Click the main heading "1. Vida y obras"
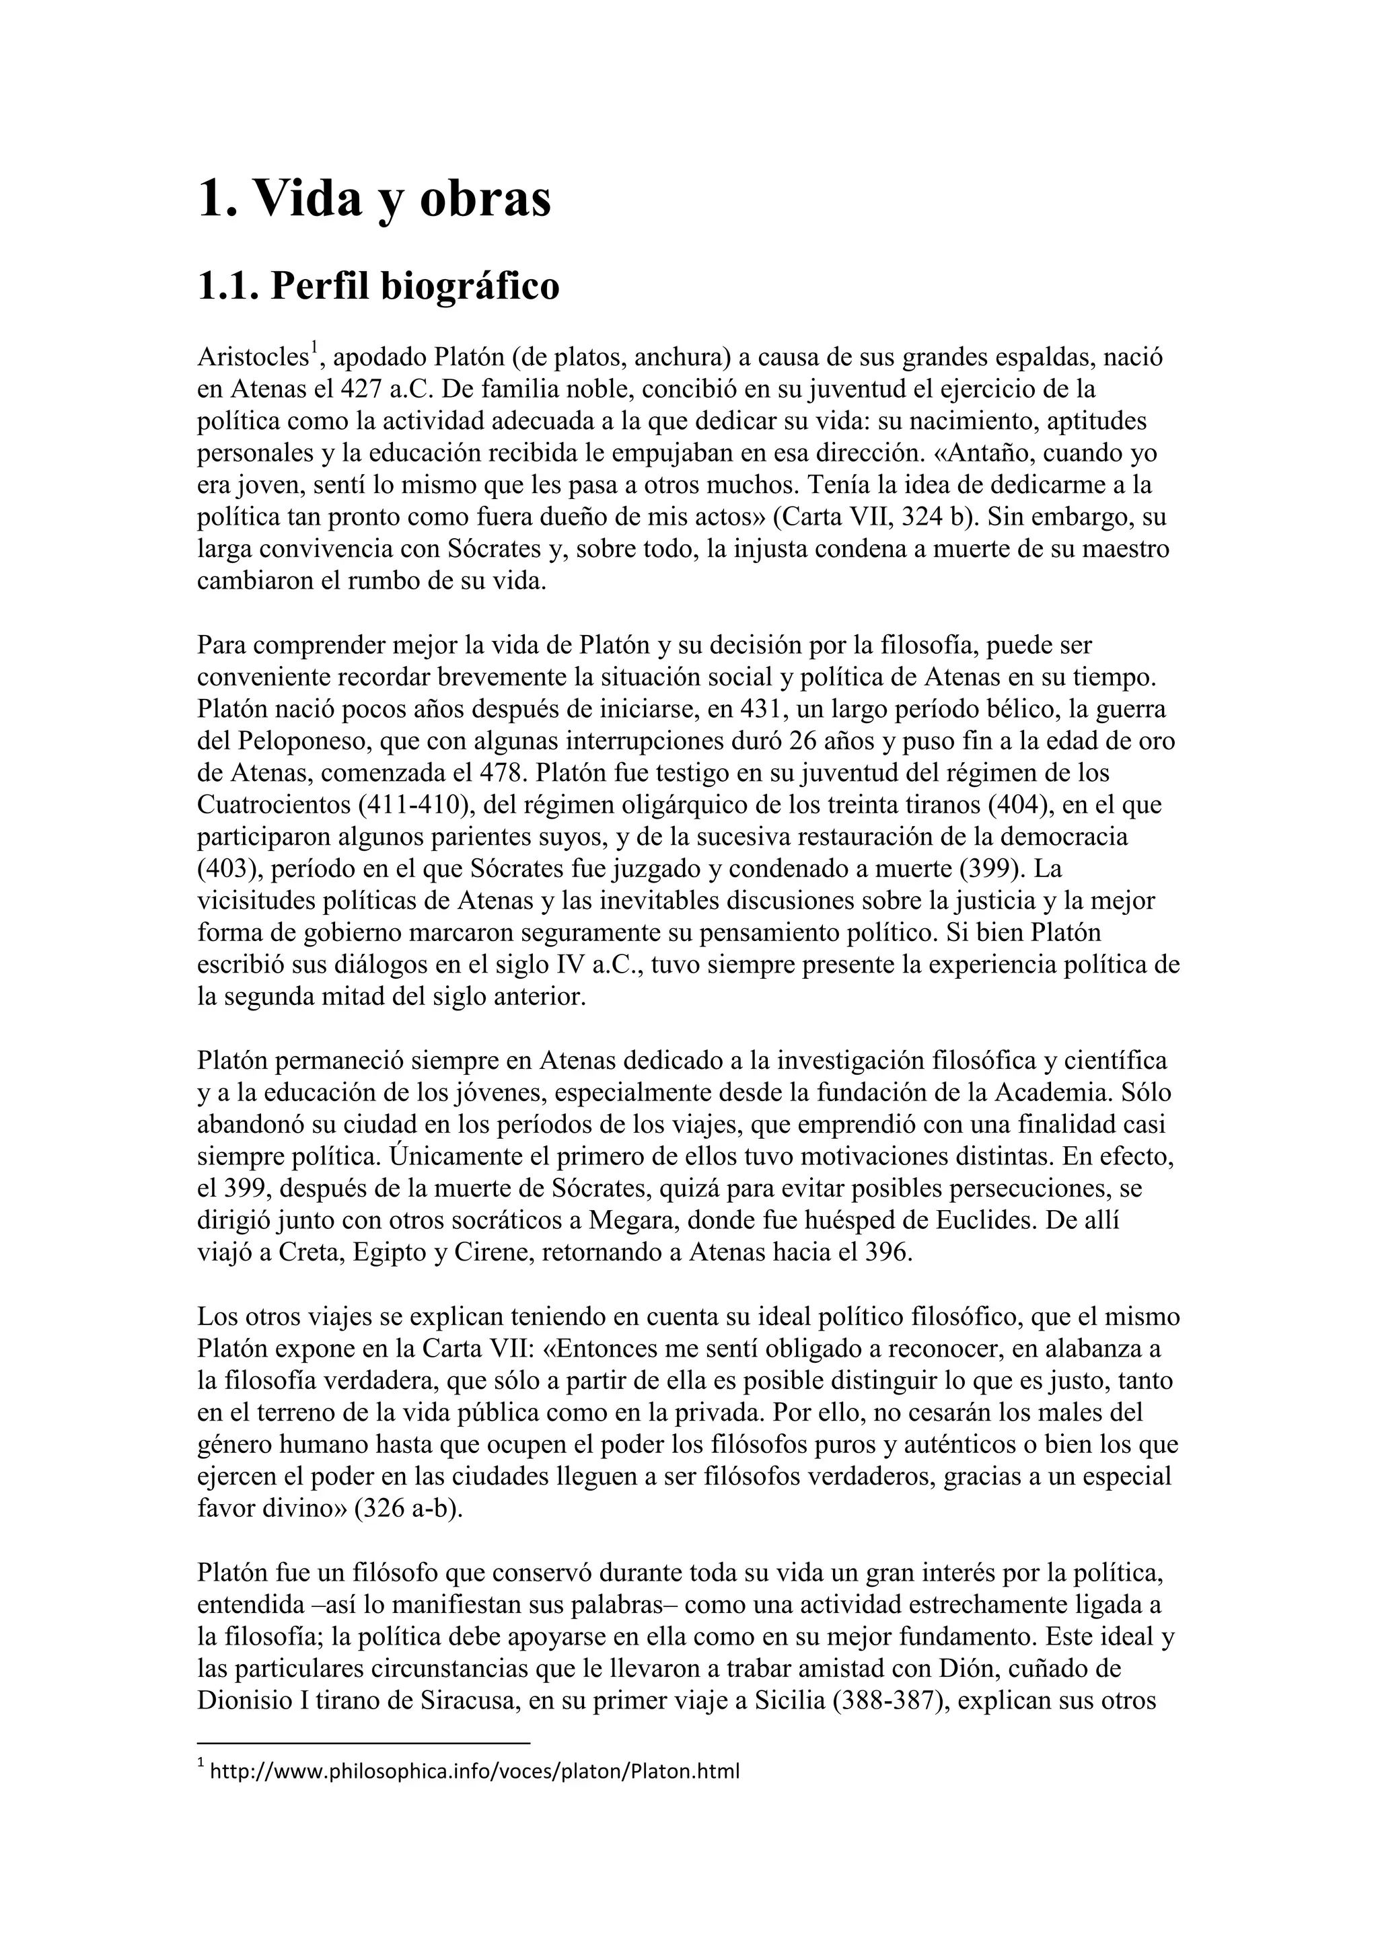[x=374, y=200]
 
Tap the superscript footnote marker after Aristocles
[x=313, y=348]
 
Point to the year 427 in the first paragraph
[x=360, y=390]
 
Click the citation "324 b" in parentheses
[x=932, y=517]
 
